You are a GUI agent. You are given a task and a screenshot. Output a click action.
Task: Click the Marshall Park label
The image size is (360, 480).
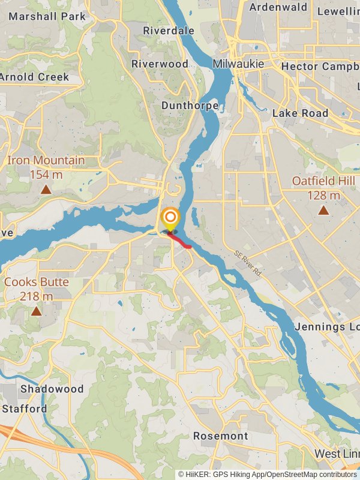(x=47, y=16)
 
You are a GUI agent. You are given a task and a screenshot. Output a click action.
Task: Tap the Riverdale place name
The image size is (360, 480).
(x=169, y=30)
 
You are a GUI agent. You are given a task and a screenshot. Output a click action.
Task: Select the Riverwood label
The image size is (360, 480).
(x=160, y=64)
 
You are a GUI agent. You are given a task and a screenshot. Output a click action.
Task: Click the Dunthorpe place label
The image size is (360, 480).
(x=188, y=105)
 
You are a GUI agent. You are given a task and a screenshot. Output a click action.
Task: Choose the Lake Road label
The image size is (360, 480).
(x=300, y=113)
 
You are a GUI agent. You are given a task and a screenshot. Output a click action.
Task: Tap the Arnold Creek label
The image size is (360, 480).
(x=34, y=77)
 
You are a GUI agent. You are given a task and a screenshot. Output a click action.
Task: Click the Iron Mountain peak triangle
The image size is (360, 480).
(x=46, y=190)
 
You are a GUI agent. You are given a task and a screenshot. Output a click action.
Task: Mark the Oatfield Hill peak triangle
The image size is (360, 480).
(x=323, y=210)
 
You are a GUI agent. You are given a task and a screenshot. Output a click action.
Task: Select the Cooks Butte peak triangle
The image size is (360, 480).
(x=37, y=311)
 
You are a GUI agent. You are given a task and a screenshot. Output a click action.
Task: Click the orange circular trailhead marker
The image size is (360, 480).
(x=170, y=217)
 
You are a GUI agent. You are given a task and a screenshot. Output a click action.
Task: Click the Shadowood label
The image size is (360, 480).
(x=52, y=389)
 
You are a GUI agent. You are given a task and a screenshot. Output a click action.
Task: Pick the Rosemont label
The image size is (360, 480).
(x=220, y=436)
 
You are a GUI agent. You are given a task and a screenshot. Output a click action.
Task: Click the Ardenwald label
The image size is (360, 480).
(x=278, y=8)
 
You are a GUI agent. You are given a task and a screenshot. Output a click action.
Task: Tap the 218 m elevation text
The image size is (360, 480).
(x=37, y=296)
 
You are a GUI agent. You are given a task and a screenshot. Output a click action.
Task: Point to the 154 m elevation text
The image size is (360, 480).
(x=46, y=175)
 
